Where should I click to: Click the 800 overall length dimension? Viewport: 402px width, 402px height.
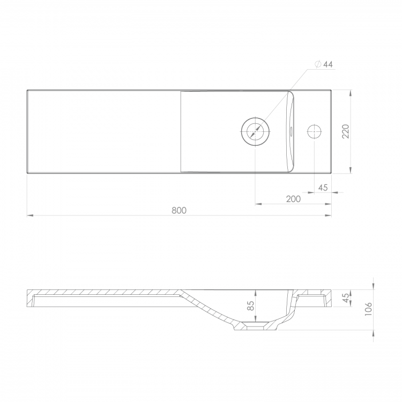pos(179,211)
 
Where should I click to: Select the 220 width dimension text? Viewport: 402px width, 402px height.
pos(346,131)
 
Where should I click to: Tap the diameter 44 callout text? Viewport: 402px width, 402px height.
pos(324,64)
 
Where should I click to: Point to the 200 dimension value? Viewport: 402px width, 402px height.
pos(293,199)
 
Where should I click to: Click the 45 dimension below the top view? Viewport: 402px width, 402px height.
pos(323,188)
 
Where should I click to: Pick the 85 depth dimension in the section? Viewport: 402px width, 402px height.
pos(251,306)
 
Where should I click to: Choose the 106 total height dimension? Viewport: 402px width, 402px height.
pos(368,309)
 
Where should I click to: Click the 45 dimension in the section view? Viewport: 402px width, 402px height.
pos(346,298)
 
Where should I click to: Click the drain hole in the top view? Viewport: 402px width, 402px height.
pos(255,131)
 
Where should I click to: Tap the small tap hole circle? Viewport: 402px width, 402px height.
pos(315,131)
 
